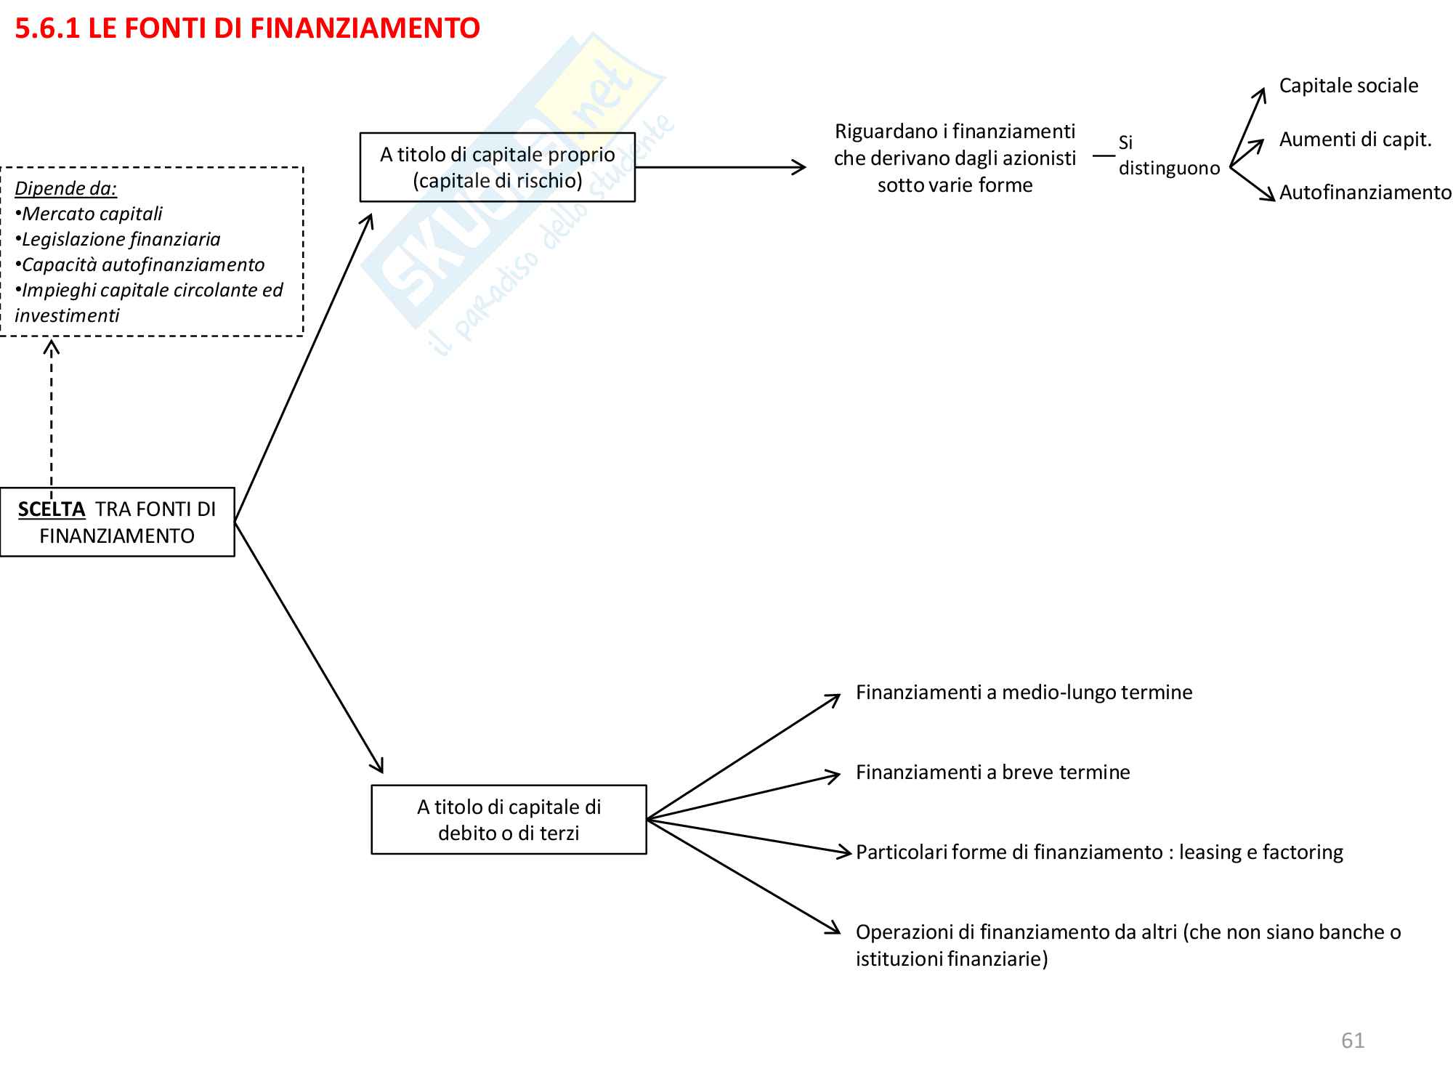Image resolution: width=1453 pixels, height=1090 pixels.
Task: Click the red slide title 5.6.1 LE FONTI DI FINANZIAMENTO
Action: [247, 29]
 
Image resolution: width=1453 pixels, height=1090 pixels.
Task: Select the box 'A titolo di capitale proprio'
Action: [497, 167]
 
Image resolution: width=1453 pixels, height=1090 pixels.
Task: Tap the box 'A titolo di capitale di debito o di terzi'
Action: [509, 820]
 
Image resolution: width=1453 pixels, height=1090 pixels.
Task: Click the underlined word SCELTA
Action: [52, 509]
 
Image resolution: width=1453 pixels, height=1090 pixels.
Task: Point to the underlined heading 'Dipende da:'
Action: [65, 188]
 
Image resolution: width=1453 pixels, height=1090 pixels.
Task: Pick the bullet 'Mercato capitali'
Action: [92, 214]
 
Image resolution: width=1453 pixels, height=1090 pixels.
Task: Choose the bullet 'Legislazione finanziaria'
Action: [121, 239]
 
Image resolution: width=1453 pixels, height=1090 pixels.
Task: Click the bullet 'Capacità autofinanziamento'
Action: [142, 265]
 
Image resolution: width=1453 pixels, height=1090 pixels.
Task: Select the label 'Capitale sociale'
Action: [1348, 86]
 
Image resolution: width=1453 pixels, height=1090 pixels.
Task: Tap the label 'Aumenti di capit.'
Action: [1355, 140]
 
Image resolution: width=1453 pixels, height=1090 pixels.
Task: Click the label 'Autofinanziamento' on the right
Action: [1365, 193]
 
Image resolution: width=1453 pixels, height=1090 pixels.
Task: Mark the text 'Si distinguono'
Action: [1168, 156]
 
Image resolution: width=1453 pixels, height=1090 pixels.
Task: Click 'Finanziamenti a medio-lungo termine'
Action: [1024, 693]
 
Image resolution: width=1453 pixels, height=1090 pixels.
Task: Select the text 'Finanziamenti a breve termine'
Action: [992, 772]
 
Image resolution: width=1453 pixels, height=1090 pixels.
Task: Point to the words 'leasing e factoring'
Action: [1260, 852]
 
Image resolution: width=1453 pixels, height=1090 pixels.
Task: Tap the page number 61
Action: [1353, 1041]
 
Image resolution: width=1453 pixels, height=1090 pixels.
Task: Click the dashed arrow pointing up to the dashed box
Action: [52, 414]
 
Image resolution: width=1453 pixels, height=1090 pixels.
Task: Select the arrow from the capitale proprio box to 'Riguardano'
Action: [719, 167]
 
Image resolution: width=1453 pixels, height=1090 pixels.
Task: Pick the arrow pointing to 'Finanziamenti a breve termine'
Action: [741, 797]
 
